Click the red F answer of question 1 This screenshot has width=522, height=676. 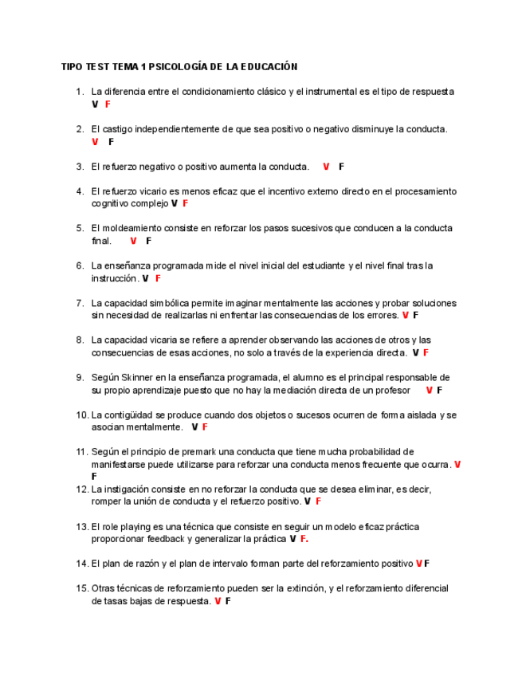click(x=108, y=104)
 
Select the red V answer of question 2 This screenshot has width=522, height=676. click(x=95, y=142)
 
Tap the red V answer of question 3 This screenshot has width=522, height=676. click(x=326, y=167)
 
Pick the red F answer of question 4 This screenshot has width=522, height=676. click(x=186, y=204)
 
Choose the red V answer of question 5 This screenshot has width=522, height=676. click(x=133, y=241)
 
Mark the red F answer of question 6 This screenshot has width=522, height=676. click(x=159, y=278)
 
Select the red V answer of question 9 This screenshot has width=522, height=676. click(x=429, y=391)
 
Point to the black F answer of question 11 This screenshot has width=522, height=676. click(x=94, y=476)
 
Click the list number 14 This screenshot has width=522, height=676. click(x=82, y=564)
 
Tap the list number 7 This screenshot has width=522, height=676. click(x=80, y=303)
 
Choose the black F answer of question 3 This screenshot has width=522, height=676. click(x=341, y=167)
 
